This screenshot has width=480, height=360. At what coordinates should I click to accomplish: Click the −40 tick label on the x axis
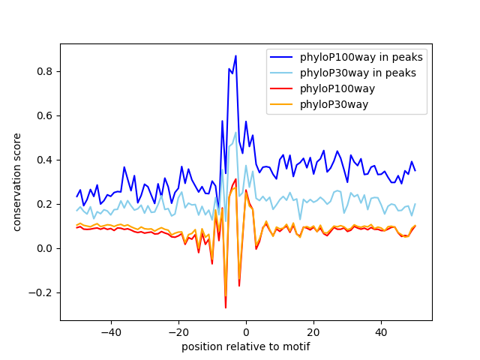pyautogui.click(x=110, y=331)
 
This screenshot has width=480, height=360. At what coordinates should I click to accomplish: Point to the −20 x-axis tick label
pyautogui.click(x=178, y=331)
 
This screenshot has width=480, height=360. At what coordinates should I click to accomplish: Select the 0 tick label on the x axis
pyautogui.click(x=246, y=331)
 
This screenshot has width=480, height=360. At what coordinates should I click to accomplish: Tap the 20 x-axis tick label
pyautogui.click(x=313, y=331)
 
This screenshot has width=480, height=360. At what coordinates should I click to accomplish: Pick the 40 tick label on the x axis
pyautogui.click(x=381, y=331)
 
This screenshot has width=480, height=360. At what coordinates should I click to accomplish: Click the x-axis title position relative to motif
pyautogui.click(x=245, y=346)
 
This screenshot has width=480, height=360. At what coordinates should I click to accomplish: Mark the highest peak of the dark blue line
pyautogui.click(x=235, y=55)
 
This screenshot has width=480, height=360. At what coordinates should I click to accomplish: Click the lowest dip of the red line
pyautogui.click(x=226, y=307)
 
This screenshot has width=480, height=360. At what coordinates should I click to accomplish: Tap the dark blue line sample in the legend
pyautogui.click(x=283, y=57)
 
